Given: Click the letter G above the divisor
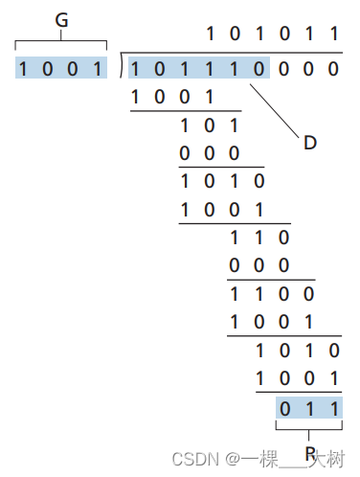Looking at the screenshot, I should point(61,20).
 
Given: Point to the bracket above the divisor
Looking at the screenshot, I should point(61,39).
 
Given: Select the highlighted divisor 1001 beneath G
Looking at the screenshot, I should point(61,68).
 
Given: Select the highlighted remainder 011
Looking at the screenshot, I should point(307,409).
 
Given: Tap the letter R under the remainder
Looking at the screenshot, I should point(308,452).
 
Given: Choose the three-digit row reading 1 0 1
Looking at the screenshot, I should point(209,125).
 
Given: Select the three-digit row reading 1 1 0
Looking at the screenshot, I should point(259,237).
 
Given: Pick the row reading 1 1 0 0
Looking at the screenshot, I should point(271,293).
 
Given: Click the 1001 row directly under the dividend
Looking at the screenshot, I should point(172,96).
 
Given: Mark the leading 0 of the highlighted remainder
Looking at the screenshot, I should point(283,409).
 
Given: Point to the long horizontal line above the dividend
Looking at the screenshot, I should point(230,54).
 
